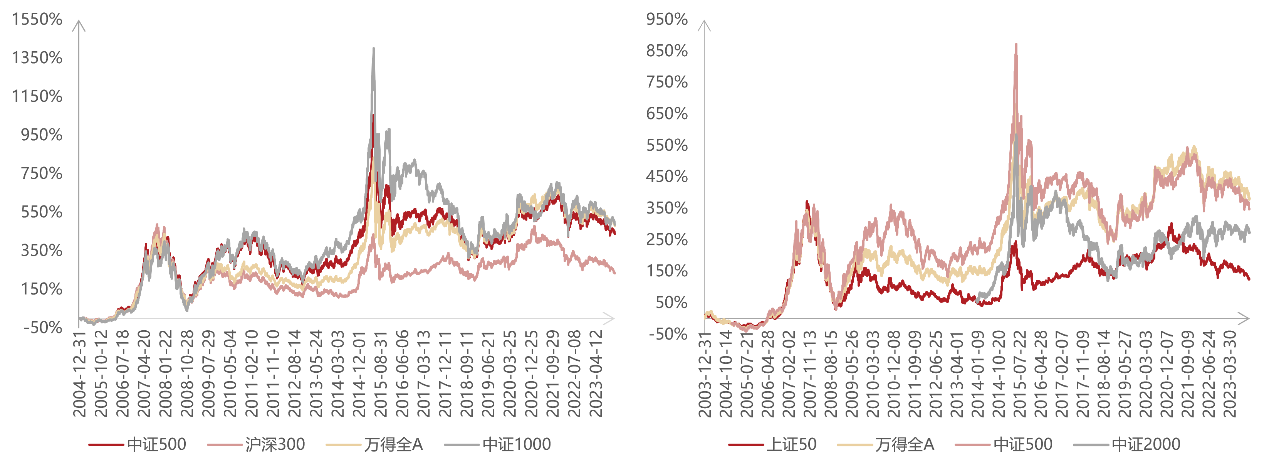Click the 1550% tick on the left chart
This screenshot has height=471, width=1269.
click(x=37, y=20)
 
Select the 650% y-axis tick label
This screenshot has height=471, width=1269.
click(x=666, y=114)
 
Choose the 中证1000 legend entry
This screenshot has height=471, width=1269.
click(x=516, y=445)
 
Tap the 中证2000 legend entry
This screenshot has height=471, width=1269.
click(x=1145, y=445)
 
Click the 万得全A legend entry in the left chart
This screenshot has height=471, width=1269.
click(x=393, y=445)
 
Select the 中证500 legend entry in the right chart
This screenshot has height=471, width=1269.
click(x=1022, y=445)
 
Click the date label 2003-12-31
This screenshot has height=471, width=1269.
click(x=705, y=374)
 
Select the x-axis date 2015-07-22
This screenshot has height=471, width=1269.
click(x=1020, y=374)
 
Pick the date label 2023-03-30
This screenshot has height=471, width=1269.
click(x=1230, y=374)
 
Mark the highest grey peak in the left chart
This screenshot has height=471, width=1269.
click(x=373, y=48)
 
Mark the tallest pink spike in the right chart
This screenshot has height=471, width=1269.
click(x=1016, y=44)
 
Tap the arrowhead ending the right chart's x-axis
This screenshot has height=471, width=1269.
click(x=1247, y=319)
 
